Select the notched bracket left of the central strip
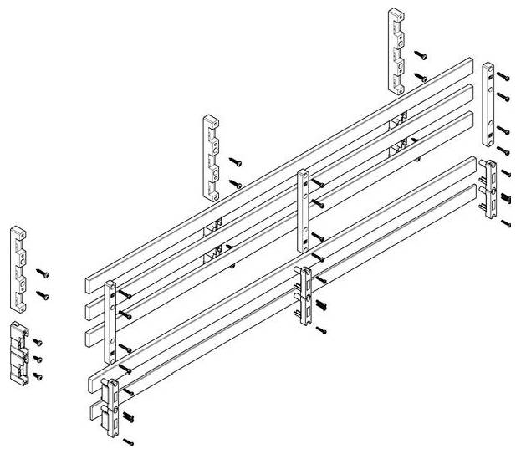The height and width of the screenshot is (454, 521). click(211, 158)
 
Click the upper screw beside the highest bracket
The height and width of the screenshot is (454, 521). click(422, 56)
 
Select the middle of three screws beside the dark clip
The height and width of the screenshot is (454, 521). click(38, 360)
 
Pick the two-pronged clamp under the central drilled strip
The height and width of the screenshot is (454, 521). click(304, 297)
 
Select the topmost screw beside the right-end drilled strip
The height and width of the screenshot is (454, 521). click(501, 75)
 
